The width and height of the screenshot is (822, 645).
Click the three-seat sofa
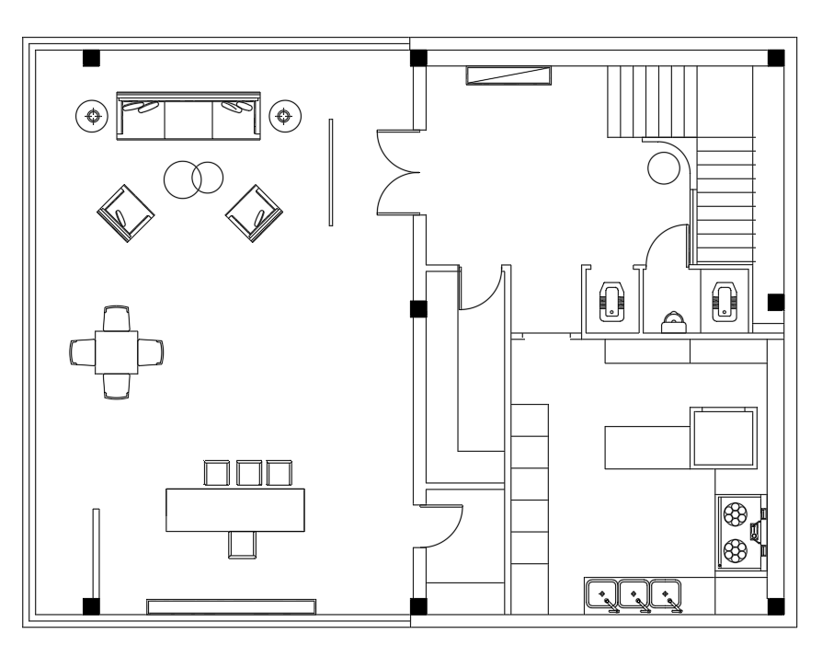point(188,117)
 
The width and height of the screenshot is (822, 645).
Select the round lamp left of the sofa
point(92,116)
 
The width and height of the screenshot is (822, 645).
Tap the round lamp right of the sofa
point(285,116)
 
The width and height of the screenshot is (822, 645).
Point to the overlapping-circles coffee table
point(194,177)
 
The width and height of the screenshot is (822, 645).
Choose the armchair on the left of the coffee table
point(126,213)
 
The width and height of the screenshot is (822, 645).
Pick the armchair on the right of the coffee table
point(255,213)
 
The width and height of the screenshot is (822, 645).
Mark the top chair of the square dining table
point(117,318)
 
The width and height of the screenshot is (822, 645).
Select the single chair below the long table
point(241,544)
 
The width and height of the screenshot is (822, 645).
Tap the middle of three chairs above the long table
point(249,473)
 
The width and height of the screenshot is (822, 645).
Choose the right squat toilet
point(725,303)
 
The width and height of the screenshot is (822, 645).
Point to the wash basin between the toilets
point(674,322)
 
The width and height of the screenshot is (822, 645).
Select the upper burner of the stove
point(736,513)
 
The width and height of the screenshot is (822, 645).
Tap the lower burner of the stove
point(736,551)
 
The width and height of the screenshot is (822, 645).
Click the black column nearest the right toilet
point(775,302)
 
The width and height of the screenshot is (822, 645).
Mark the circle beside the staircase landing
point(662,167)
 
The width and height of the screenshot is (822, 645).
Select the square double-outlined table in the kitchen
point(725,438)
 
